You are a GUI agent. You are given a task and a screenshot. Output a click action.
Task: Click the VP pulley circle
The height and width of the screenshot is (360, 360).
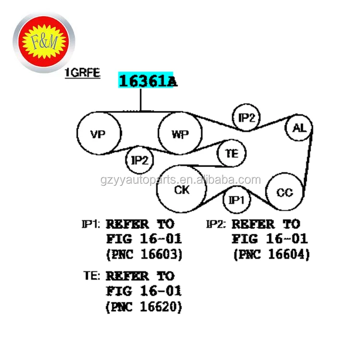point(98,134)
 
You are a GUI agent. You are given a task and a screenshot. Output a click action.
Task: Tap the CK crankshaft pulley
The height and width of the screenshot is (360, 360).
point(181,190)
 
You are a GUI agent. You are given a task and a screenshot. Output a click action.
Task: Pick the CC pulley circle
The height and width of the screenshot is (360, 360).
point(284,193)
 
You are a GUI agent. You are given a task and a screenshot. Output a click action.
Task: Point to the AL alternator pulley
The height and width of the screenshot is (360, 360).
point(299,128)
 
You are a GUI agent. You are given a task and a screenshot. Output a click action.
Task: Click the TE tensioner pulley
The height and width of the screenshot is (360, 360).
point(232,154)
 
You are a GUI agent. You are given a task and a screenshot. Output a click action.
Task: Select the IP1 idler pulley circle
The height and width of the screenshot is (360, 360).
point(236,200)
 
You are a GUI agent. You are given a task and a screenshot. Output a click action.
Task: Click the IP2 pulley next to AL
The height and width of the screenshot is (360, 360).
point(246,118)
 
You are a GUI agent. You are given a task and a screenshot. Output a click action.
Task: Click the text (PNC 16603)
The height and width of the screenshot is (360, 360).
point(144,254)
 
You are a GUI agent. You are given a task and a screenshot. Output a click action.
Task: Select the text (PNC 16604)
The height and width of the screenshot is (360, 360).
point(271,254)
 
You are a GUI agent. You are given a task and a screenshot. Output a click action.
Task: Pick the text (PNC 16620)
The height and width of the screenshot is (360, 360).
point(144,306)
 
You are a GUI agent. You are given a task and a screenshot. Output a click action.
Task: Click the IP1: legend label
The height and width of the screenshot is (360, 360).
point(91,224)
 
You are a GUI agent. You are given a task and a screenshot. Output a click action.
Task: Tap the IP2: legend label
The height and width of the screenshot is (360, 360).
point(216,224)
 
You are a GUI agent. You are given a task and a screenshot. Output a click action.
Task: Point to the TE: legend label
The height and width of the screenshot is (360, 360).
point(92,276)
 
